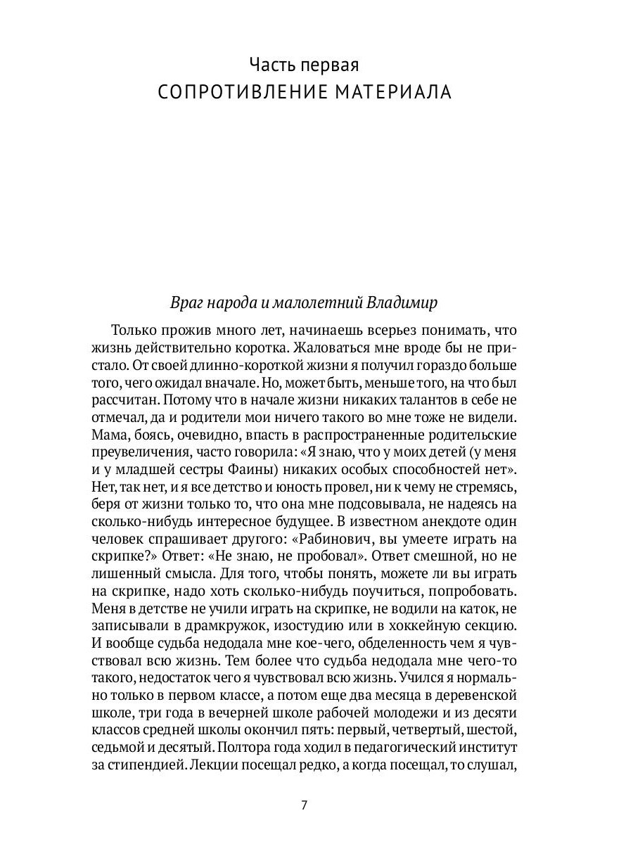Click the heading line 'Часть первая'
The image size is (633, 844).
pyautogui.click(x=305, y=65)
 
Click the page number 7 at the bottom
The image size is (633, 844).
pyautogui.click(x=304, y=805)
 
